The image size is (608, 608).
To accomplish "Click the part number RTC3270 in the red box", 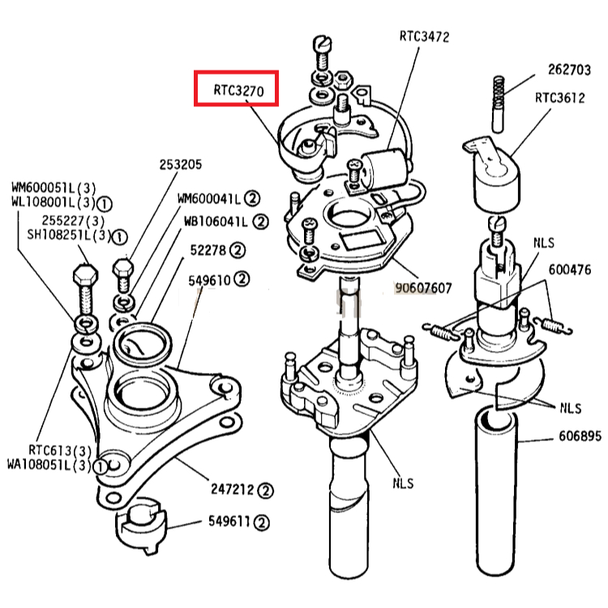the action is [238, 90].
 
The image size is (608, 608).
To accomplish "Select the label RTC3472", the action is [424, 36].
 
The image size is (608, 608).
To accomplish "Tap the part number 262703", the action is [569, 70].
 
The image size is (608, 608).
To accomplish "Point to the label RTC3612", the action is [560, 98].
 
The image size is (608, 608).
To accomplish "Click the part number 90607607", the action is [423, 288].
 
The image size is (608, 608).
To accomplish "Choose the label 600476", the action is [570, 269].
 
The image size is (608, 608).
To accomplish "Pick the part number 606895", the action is [580, 436].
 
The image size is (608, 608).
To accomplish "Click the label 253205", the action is [181, 165].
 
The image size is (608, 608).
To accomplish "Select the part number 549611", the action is [229, 521].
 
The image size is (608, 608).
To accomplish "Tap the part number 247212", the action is [232, 490].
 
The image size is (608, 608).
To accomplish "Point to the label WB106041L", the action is [216, 221].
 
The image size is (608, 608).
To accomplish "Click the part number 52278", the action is [208, 250].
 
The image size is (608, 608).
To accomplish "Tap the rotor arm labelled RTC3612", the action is [492, 173].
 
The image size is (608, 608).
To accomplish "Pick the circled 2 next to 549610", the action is [242, 279].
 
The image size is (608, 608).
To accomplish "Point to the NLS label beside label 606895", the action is [571, 408].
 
